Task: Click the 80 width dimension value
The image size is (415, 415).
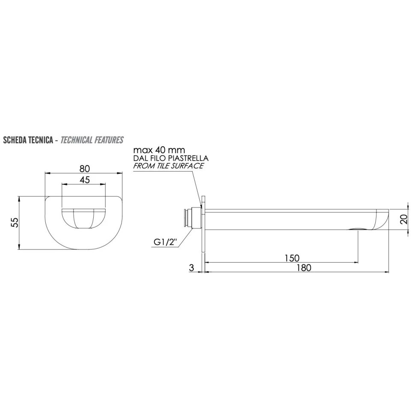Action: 84,169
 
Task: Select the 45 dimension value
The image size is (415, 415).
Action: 84,180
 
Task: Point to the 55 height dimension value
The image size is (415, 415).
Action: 15,222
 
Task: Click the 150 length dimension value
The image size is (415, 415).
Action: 292,258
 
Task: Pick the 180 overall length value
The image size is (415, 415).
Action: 304,268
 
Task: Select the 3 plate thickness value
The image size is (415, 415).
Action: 192,268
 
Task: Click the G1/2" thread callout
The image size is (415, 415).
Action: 165,242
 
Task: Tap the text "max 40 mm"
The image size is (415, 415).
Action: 159,150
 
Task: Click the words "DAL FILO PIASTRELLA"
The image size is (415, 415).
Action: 171,158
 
